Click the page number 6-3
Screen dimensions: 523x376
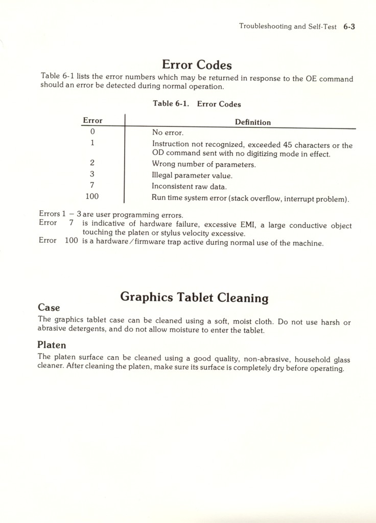click(x=349, y=27)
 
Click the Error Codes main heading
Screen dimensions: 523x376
click(x=197, y=65)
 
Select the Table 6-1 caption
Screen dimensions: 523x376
click(x=197, y=104)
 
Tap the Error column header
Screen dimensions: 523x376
click(x=92, y=121)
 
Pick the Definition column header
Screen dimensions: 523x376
click(x=252, y=122)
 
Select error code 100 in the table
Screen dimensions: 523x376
click(x=92, y=196)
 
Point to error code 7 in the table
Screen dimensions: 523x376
click(x=92, y=185)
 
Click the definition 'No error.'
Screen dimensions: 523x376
click(x=168, y=133)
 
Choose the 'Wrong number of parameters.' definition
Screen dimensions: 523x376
click(x=204, y=164)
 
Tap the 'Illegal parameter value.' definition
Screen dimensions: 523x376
click(x=192, y=176)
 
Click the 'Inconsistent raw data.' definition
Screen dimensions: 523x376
click(x=189, y=187)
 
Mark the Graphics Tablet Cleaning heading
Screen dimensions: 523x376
click(x=194, y=297)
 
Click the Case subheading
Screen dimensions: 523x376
click(x=49, y=308)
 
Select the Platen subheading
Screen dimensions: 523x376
click(x=52, y=345)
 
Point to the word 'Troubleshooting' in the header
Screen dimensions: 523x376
click(x=265, y=27)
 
